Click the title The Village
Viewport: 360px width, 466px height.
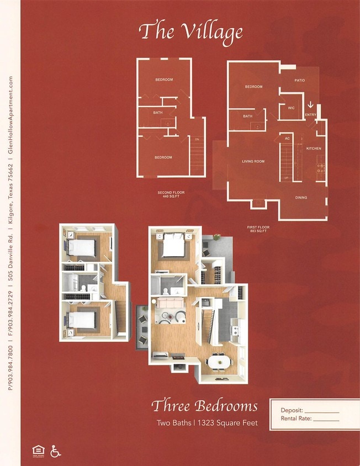coord(190,32)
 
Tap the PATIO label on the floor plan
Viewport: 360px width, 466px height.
coord(299,81)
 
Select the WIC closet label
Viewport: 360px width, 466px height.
coord(291,108)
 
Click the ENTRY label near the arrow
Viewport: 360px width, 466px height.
coord(310,115)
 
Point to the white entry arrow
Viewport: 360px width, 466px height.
coord(310,104)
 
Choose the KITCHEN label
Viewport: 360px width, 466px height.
coord(314,149)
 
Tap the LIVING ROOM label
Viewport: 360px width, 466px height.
coord(253,161)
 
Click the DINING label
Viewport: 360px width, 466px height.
coord(301,197)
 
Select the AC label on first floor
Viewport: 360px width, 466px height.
coord(287,138)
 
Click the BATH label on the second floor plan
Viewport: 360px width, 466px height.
coord(158,113)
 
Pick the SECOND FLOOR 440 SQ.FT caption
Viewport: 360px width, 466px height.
coord(171,194)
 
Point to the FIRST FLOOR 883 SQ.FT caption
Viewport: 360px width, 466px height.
coord(257,229)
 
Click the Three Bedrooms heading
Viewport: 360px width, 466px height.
coord(204,406)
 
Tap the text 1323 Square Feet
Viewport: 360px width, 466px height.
coord(224,423)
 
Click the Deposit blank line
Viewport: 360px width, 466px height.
coord(322,412)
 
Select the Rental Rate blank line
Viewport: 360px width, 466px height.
coord(326,420)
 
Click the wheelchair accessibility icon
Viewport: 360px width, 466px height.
coord(56,451)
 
